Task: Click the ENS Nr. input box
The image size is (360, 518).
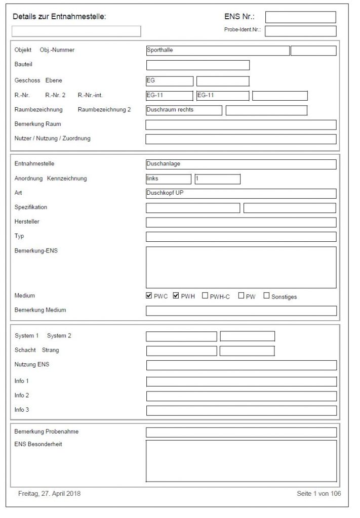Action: [300, 17]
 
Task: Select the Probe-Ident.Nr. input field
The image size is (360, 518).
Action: [300, 31]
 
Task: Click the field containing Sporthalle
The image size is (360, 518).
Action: [218, 50]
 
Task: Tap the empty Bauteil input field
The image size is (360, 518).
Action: [197, 65]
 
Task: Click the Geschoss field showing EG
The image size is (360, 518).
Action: [169, 81]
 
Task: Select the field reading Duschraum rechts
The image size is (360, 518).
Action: [183, 110]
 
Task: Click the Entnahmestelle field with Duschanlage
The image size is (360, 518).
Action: [241, 164]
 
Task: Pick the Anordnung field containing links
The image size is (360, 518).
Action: [168, 179]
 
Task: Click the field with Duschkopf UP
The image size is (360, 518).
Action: [241, 193]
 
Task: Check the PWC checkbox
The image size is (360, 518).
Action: [149, 296]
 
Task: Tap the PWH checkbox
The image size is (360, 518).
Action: [176, 296]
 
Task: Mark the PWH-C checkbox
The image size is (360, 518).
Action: [205, 296]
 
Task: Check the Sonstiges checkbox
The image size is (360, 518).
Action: [266, 296]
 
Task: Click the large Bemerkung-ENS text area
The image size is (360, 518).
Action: [241, 267]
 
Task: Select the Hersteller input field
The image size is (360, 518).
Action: [241, 223]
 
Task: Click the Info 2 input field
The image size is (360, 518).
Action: [241, 396]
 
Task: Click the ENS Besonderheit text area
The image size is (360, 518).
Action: [241, 461]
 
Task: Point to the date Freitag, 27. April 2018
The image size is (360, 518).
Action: [49, 493]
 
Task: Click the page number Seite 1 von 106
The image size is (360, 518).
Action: [318, 493]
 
